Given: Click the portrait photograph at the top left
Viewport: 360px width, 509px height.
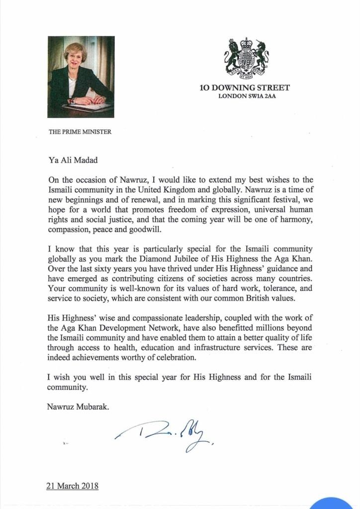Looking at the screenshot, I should pos(81,77).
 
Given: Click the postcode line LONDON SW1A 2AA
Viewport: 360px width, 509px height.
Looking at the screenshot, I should pos(247,96).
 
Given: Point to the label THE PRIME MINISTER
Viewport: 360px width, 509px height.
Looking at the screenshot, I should pos(80,132).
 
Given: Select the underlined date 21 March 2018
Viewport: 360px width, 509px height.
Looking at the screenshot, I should pos(73,486).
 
